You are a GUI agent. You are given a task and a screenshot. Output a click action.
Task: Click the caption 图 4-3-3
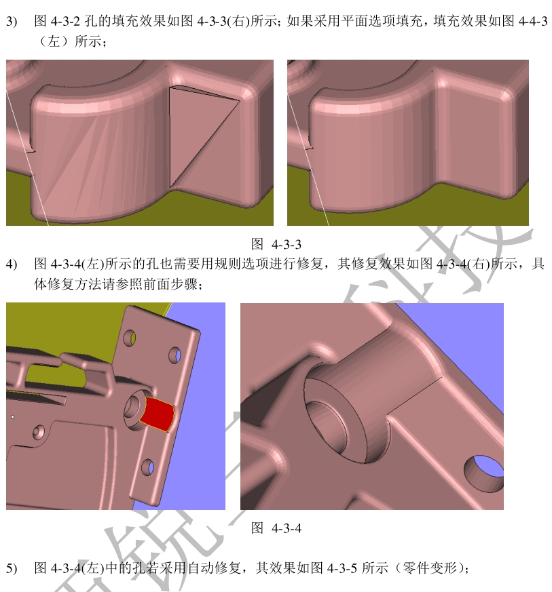276,244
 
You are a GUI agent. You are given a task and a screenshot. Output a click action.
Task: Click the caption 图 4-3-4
276,528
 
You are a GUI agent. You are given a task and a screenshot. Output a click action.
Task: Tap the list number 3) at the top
12,21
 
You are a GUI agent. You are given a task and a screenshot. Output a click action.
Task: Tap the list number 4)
12,264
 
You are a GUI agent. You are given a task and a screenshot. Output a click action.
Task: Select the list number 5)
12,568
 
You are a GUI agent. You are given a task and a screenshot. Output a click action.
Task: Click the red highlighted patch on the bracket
158,414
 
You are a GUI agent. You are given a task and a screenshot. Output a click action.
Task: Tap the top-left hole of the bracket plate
129,338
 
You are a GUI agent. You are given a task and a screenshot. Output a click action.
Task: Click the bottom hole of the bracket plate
148,467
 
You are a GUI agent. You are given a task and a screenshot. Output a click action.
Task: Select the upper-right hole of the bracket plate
175,355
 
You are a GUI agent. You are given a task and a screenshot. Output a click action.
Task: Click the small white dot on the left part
13,417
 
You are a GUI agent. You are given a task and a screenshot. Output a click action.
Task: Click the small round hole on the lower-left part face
38,432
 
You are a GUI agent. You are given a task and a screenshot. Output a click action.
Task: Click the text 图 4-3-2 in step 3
57,21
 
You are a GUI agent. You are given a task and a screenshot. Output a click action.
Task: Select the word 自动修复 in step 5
214,568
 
